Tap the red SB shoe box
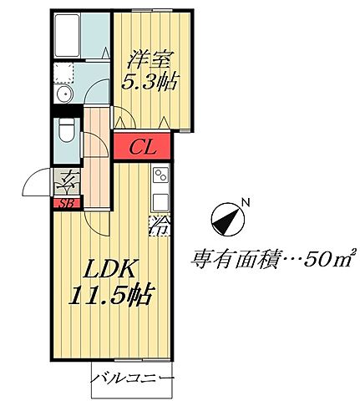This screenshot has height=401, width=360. coord(64,201)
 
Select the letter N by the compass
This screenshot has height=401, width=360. coord(244,200)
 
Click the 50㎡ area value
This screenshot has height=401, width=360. coord(327,258)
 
